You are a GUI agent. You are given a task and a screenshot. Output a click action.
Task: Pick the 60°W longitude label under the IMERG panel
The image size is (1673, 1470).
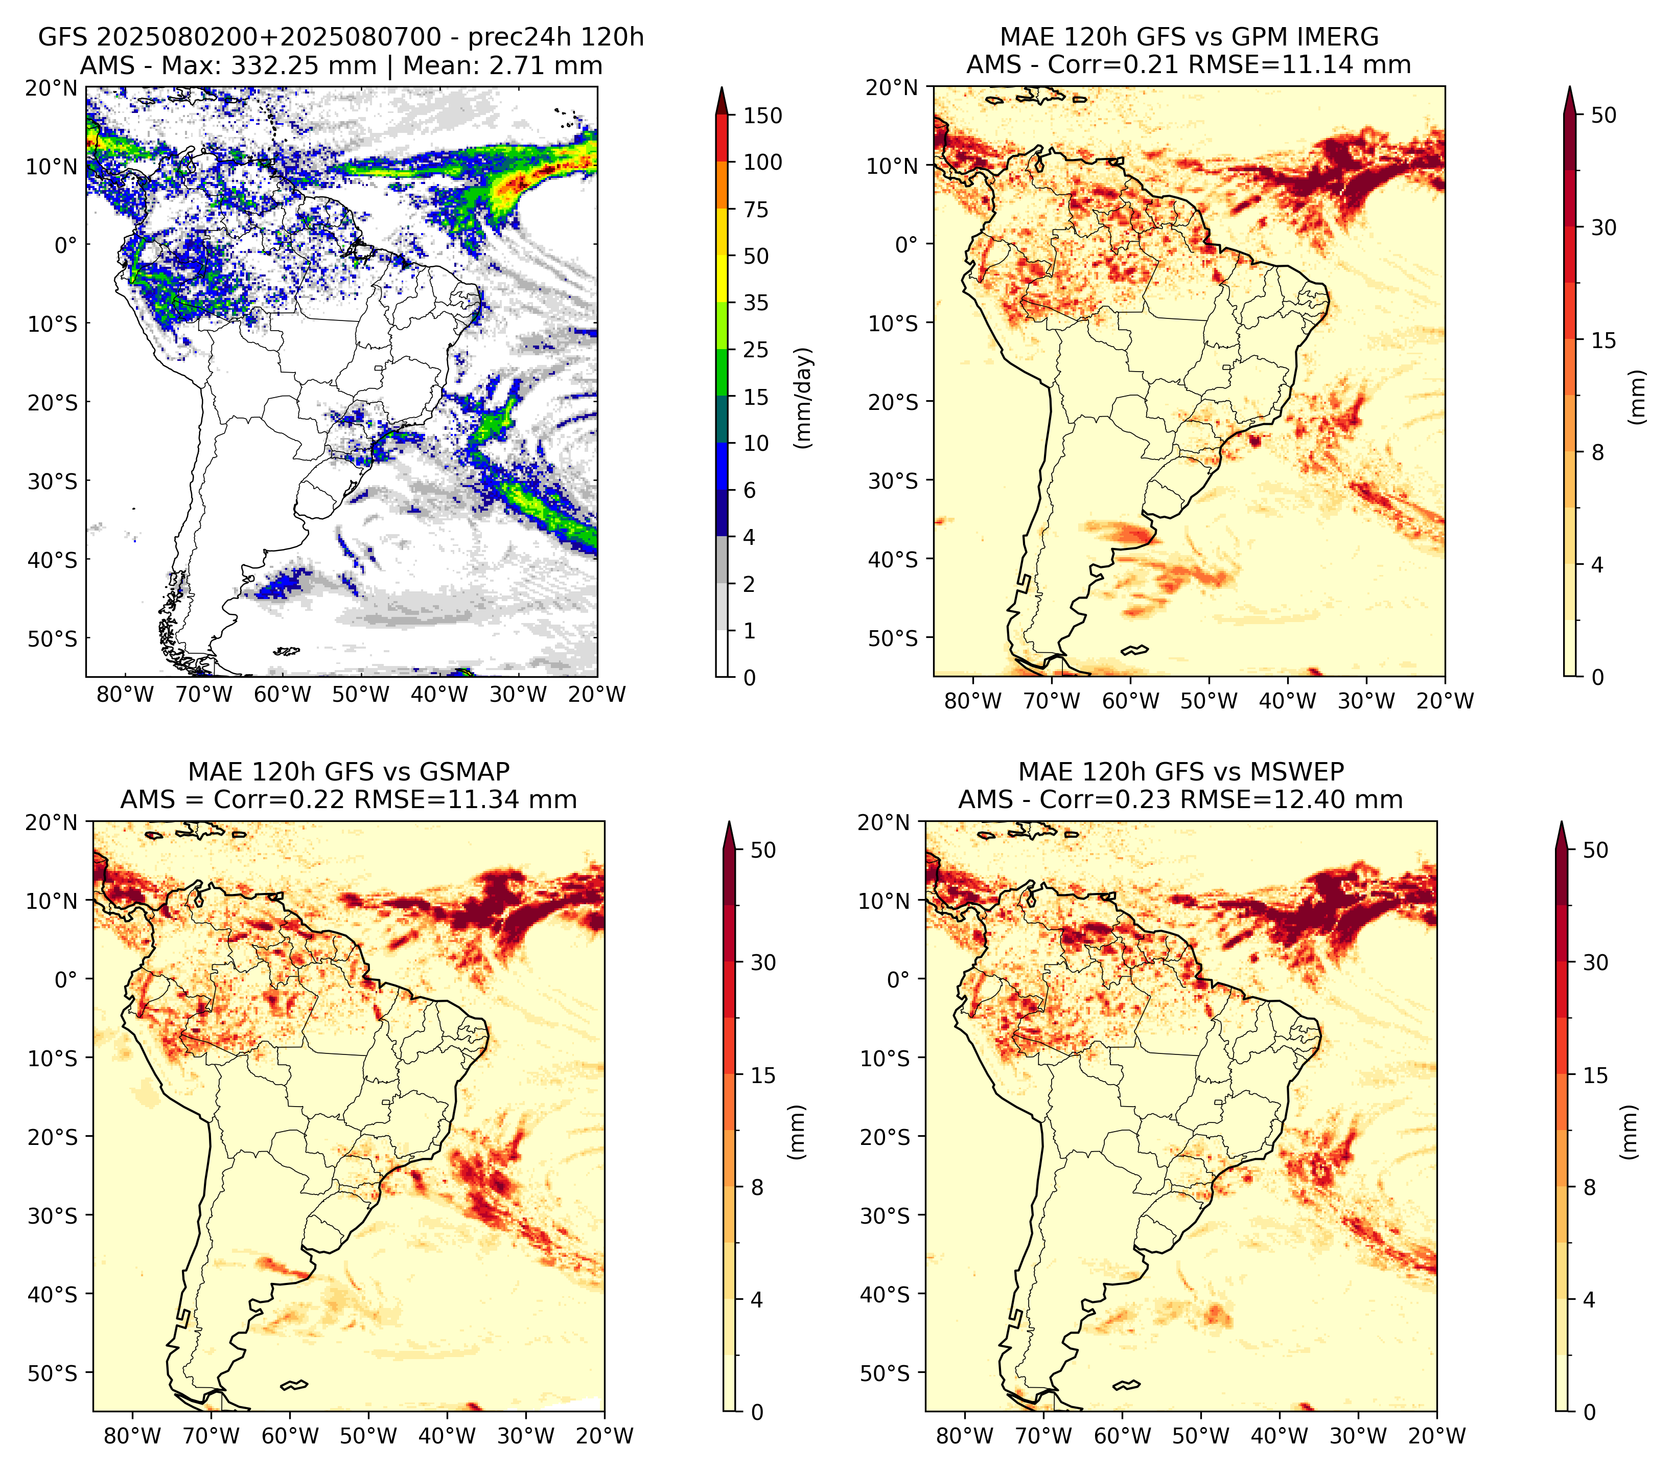1131,701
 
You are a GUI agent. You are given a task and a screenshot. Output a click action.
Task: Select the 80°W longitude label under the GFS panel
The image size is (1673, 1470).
125,695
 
